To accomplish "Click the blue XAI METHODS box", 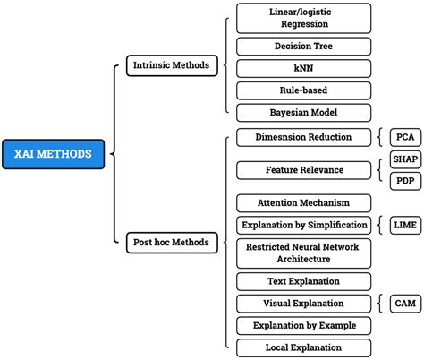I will point(53,154).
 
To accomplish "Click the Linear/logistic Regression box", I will point(303,18).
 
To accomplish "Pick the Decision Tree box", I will point(303,46).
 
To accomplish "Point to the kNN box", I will point(303,68).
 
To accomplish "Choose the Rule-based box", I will point(303,90).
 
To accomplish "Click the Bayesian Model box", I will point(303,113).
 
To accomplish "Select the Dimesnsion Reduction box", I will point(303,137).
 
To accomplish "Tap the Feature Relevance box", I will point(303,169).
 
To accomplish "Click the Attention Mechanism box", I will point(303,202).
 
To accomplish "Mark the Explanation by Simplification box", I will point(303,225).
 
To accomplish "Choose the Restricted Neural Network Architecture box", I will point(303,253).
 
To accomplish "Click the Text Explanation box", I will point(303,281).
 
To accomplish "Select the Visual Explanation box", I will point(303,304).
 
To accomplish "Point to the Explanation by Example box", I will point(303,325).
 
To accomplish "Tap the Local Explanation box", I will point(303,347).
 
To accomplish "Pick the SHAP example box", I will point(404,159).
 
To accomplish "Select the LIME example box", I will point(403,225).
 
